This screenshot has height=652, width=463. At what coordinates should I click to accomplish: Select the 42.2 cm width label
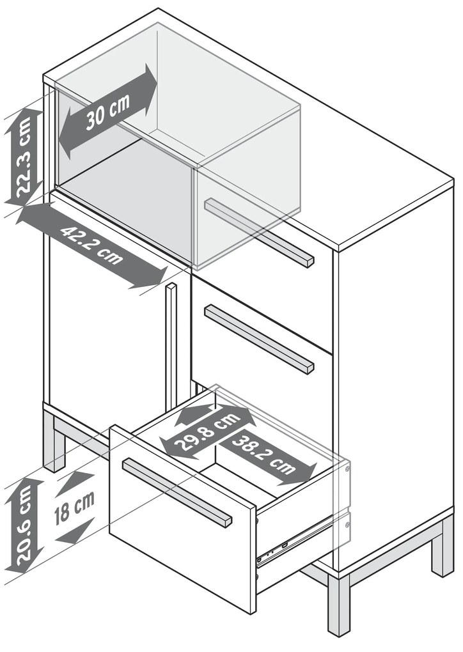point(92,245)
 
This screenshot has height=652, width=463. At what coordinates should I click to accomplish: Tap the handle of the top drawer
point(259,232)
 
